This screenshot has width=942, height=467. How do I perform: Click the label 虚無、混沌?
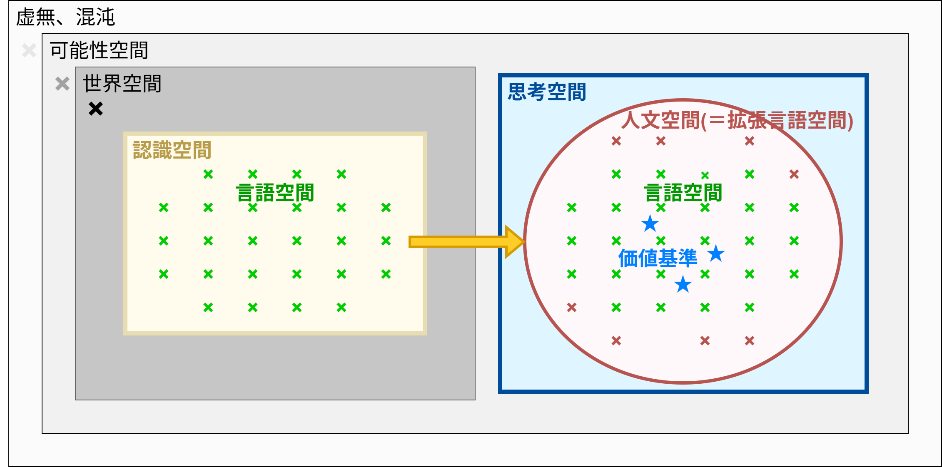coord(65,17)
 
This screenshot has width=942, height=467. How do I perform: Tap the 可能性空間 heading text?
coord(99,50)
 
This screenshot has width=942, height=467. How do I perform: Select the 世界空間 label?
coord(122,83)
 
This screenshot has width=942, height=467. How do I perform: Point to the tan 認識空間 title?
coord(172,150)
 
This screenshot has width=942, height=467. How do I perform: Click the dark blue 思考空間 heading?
coord(547,92)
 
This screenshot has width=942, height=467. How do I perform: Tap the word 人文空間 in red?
coord(660,121)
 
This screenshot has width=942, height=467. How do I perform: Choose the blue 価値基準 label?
coord(658,258)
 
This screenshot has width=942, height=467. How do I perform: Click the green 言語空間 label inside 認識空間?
coord(275,193)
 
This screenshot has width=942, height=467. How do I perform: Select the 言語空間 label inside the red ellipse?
coord(683,193)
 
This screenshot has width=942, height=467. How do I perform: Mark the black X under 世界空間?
coord(96,109)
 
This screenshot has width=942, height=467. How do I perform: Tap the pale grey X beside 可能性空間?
coord(29,51)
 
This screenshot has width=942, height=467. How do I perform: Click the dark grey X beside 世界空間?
coord(62,84)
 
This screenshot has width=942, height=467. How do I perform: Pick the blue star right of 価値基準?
coord(716,253)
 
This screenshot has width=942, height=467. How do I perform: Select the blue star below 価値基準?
coord(683,284)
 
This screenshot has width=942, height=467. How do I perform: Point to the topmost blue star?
coord(650,224)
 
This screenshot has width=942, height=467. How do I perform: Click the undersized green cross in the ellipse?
coord(705,175)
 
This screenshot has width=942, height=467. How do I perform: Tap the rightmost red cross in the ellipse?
coord(794,174)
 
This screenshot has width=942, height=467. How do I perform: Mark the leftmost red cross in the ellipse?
coord(572,307)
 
